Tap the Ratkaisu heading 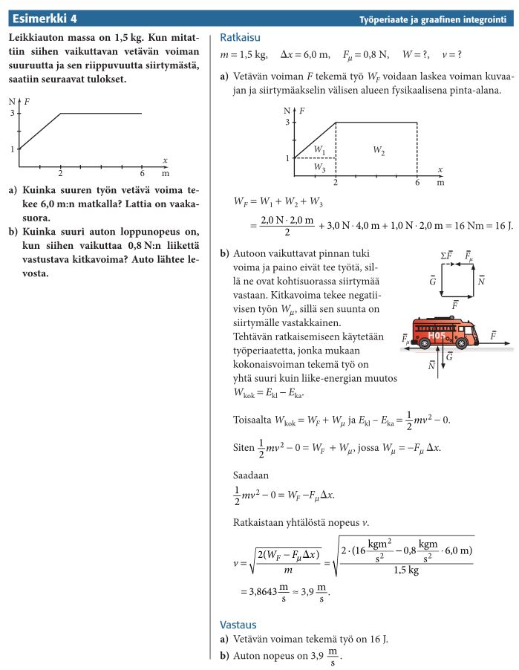pyautogui.click(x=240, y=38)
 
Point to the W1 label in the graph pyautogui.click(x=319, y=151)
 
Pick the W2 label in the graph pyautogui.click(x=379, y=151)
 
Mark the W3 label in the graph pyautogui.click(x=319, y=168)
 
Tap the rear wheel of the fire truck pyautogui.click(x=424, y=343)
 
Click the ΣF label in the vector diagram pyautogui.click(x=446, y=256)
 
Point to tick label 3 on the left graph pyautogui.click(x=12, y=113)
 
